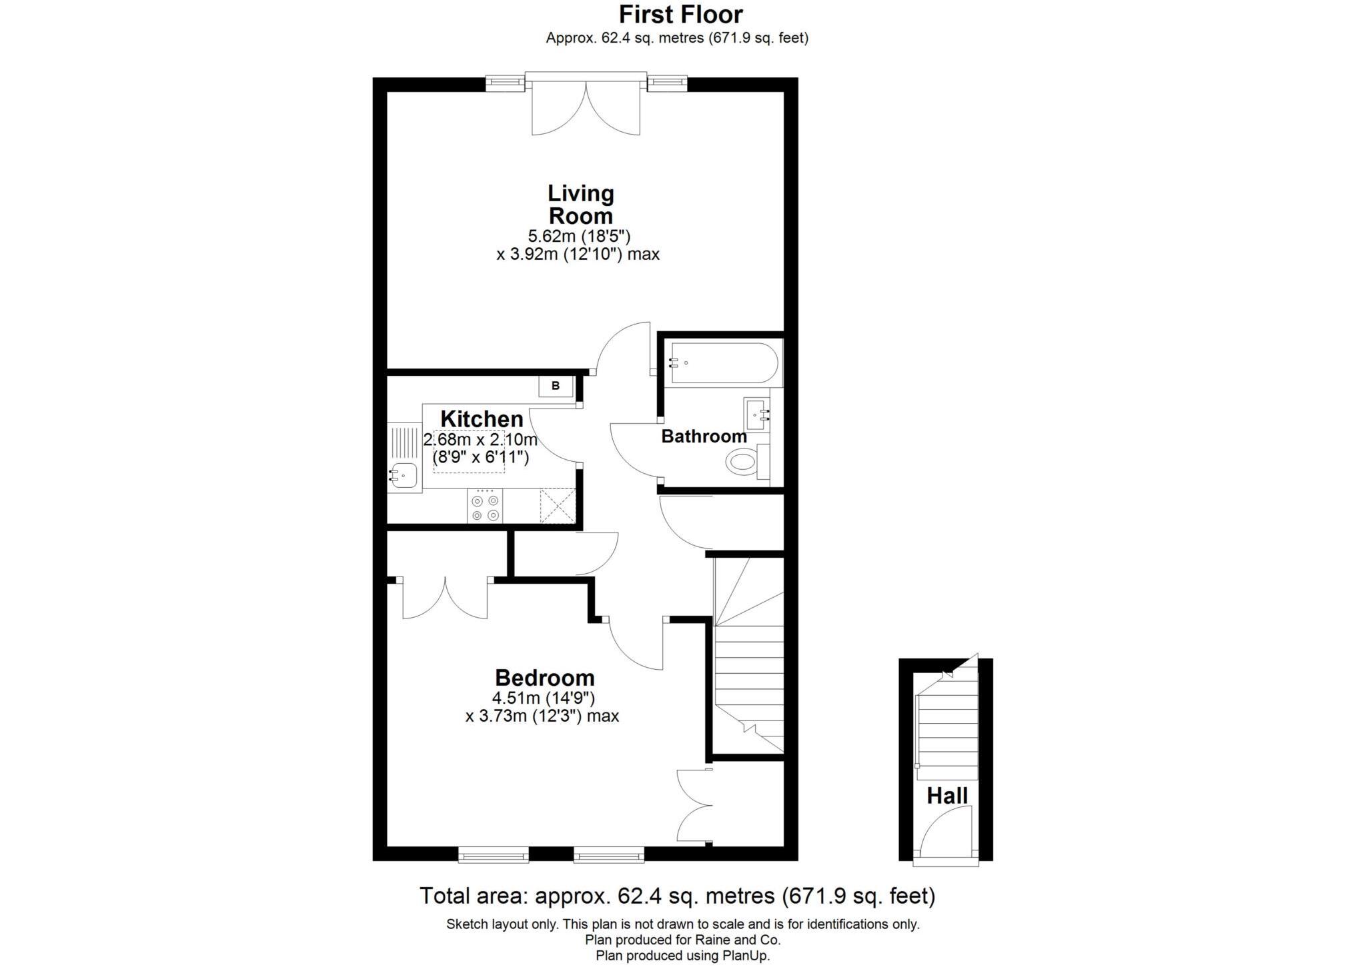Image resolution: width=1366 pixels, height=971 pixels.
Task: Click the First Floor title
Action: (680, 15)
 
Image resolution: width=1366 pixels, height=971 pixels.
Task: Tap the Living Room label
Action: (580, 205)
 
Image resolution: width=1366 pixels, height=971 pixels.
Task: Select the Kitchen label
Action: (482, 419)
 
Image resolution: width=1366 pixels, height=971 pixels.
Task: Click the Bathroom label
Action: (704, 437)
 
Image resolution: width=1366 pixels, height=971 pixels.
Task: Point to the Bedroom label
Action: (544, 678)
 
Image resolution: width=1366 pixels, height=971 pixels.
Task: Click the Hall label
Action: (946, 796)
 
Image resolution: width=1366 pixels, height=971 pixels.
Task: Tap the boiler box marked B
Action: (556, 386)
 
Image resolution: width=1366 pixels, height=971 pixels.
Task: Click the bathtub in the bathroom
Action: (724, 363)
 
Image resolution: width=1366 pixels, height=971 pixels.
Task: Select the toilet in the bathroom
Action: (742, 461)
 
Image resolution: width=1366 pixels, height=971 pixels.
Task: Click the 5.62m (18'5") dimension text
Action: (579, 236)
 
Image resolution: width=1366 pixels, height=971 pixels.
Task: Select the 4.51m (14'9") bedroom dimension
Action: (543, 698)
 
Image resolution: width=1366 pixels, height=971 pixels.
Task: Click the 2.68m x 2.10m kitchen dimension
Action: (480, 440)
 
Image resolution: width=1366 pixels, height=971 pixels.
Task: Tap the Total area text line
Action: (677, 896)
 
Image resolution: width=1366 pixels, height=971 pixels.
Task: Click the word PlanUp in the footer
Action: (744, 955)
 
